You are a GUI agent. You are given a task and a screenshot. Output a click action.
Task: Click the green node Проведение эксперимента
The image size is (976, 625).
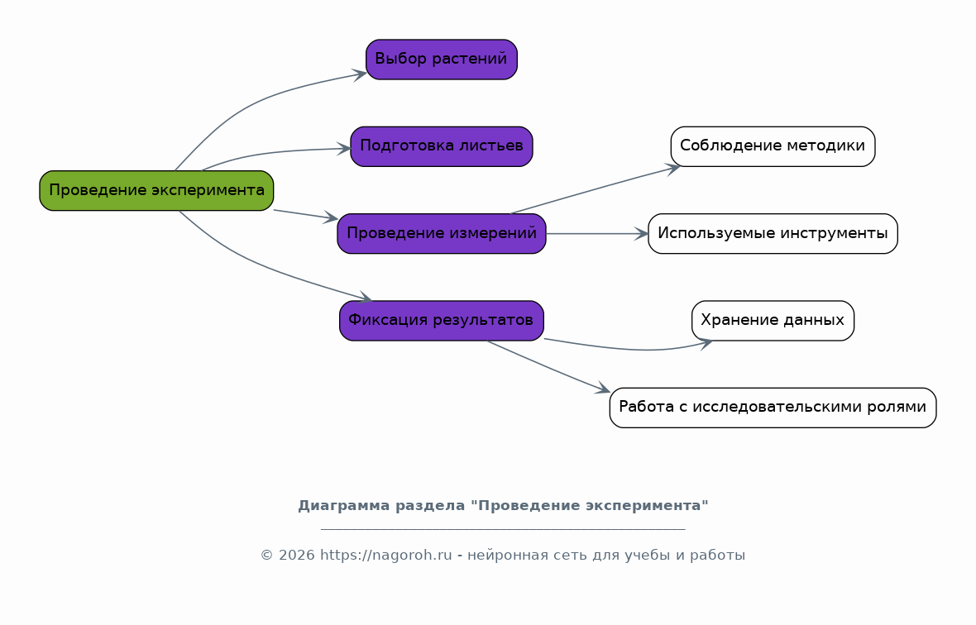click(x=156, y=190)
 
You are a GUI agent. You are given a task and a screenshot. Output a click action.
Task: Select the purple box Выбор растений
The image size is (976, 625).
click(x=442, y=60)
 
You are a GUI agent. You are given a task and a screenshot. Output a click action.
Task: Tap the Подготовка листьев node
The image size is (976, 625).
click(x=442, y=147)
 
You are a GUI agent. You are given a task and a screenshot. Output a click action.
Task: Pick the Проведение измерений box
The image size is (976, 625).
click(x=442, y=234)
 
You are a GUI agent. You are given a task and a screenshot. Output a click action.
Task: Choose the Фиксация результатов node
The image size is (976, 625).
click(x=442, y=321)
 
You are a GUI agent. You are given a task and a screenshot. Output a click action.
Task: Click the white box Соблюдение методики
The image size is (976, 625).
click(x=773, y=147)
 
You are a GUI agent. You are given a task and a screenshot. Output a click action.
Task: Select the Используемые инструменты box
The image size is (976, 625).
click(x=773, y=234)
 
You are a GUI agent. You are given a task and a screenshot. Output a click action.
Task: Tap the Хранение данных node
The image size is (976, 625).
click(x=773, y=321)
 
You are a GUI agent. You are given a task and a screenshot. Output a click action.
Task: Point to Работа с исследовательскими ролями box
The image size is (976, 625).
click(x=773, y=408)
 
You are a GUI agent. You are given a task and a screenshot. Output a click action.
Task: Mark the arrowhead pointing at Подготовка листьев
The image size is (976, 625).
click(x=344, y=149)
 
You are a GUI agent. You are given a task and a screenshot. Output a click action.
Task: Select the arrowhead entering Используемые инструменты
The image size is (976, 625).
click(x=642, y=234)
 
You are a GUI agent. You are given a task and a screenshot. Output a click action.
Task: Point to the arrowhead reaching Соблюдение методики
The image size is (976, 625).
click(x=673, y=169)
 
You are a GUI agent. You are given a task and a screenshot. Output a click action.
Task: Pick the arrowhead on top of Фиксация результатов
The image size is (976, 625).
click(x=366, y=298)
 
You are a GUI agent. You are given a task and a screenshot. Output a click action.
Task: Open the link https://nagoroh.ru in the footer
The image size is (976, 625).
click(x=386, y=556)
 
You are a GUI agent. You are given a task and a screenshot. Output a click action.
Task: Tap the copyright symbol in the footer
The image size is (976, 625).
click(x=266, y=556)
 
